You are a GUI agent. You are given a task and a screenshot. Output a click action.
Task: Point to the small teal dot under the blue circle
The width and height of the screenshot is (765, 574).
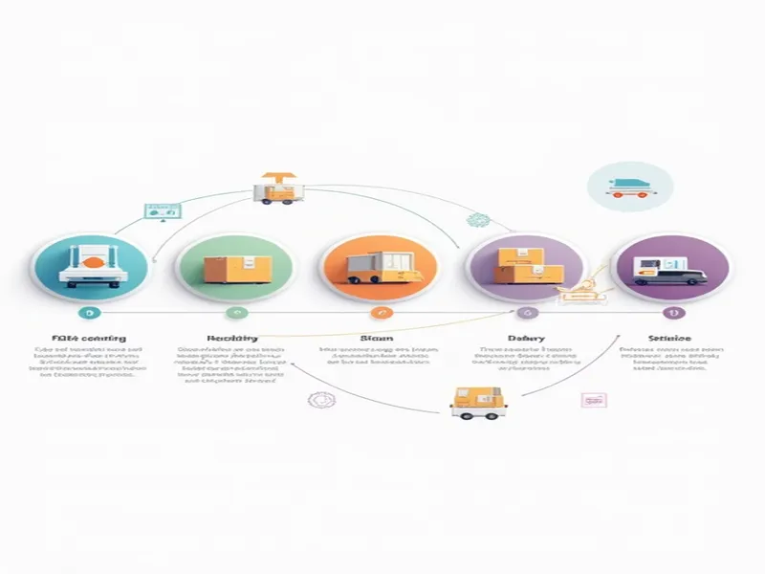coord(88,313)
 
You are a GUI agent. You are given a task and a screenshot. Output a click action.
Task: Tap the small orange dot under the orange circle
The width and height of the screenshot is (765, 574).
coord(380,313)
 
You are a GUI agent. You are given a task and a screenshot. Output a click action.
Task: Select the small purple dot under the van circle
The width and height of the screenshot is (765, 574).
coord(670,313)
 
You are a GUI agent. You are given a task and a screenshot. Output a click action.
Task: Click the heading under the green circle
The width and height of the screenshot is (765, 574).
coord(232,339)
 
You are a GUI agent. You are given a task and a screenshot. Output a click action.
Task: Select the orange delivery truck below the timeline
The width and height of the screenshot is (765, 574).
coord(478,402)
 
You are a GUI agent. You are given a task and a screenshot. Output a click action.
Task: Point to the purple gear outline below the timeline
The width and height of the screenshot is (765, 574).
coord(318,400)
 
